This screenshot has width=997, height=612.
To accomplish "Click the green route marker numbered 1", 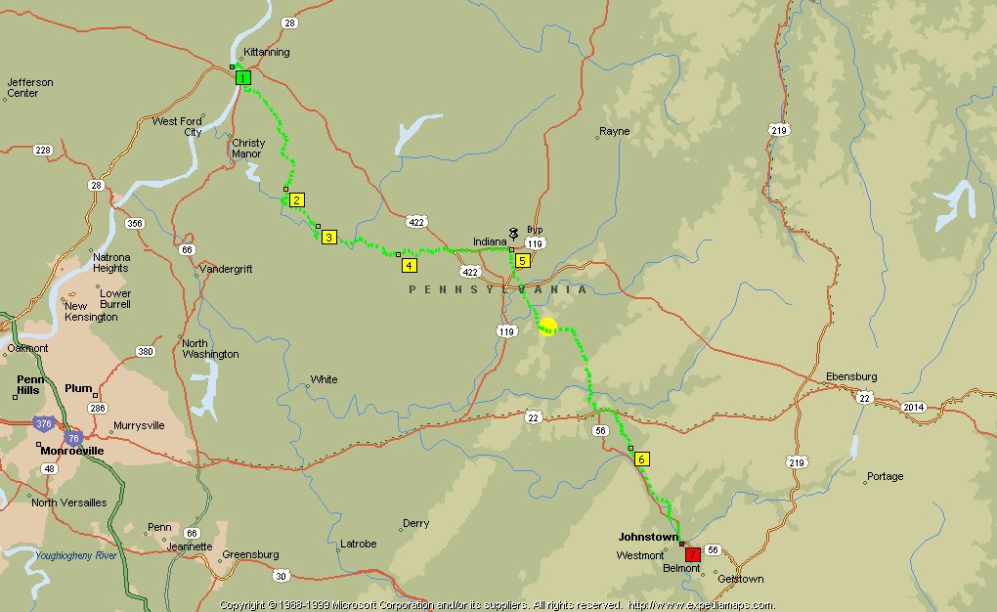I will coord(243,77).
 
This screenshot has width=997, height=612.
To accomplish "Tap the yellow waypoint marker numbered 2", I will coord(298,199).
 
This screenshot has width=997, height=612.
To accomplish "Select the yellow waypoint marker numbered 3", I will coord(329,237).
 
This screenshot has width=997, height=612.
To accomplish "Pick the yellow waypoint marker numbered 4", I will coord(409,264).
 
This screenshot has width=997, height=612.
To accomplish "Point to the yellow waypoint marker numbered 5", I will coord(523,260).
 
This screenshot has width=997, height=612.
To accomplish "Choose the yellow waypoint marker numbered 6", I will coord(641,459).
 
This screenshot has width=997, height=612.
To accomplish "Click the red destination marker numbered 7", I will coord(693,554).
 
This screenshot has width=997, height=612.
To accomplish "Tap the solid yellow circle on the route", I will coord(547,327).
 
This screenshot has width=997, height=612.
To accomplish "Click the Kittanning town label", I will coord(266,52).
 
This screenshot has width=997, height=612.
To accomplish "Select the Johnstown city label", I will coord(648,537).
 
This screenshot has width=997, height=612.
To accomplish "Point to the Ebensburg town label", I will coord(851,376).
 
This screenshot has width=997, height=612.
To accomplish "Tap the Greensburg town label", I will coord(251,555).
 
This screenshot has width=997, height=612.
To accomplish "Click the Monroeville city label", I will coord(72,451).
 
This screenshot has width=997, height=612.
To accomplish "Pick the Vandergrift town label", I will coord(226,269).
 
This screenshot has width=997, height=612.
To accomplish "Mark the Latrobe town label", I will coord(358,544).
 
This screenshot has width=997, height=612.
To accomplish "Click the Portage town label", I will coord(885,477).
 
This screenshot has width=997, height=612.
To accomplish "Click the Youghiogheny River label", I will coord(76,555).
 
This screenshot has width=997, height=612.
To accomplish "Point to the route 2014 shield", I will coord(913,406).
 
